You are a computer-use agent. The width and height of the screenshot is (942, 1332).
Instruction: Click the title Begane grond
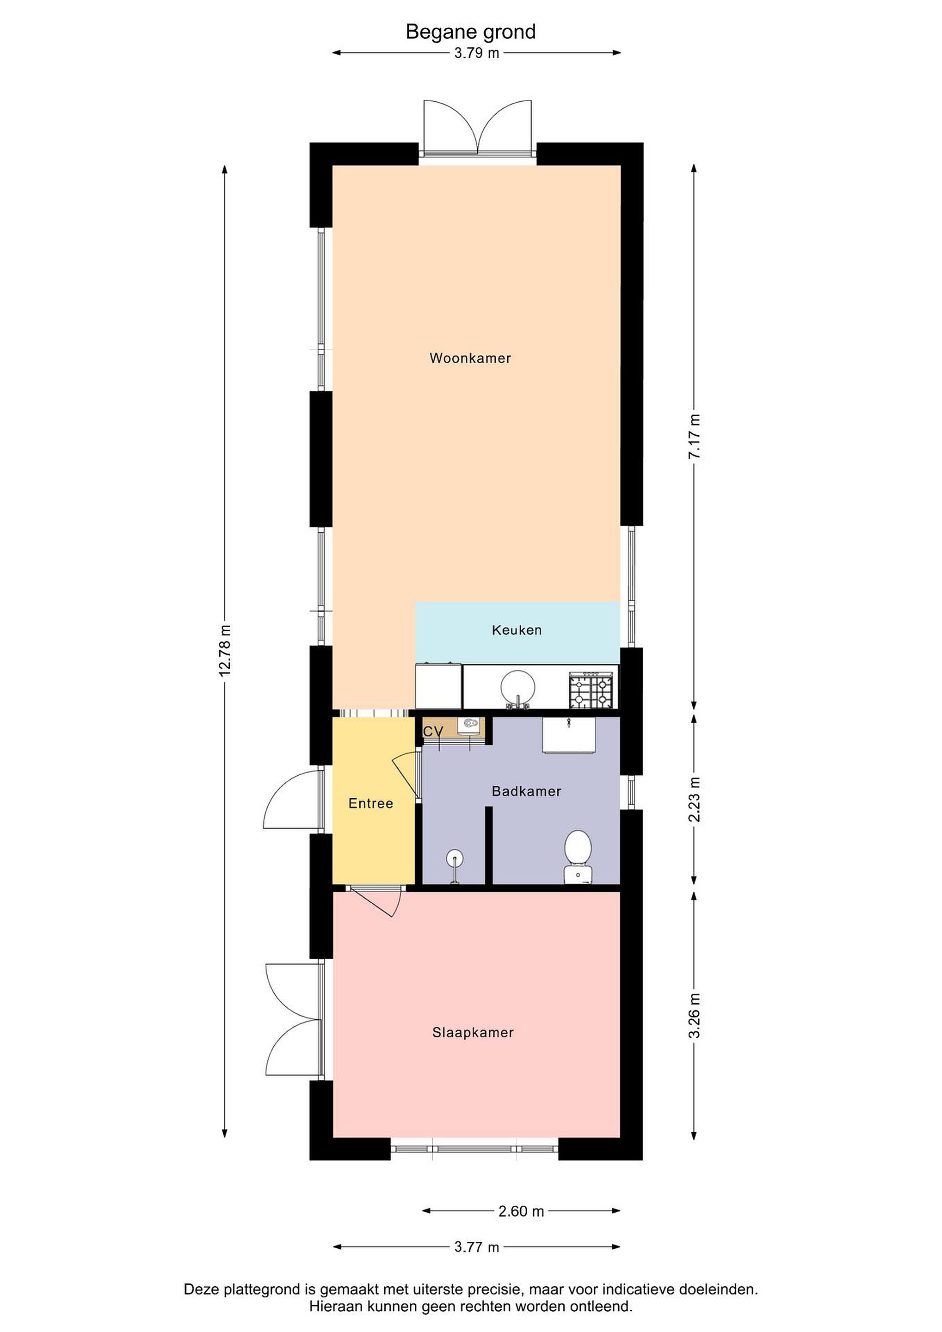470,32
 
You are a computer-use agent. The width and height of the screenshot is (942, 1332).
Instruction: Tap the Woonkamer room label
470,358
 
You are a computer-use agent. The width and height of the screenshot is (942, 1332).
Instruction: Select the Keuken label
517,630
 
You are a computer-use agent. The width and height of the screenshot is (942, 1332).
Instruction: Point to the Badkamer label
527,791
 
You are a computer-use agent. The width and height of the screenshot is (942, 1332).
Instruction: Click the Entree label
371,803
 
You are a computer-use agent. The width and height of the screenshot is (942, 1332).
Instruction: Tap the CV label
433,732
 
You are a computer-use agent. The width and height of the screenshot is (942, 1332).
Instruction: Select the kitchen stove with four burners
591,691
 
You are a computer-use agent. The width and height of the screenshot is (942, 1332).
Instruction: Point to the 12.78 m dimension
225,650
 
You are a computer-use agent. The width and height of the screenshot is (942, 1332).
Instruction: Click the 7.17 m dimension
694,436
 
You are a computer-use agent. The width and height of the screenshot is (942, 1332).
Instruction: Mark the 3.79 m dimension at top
476,53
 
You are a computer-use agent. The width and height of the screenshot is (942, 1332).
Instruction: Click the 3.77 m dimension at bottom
476,1247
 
